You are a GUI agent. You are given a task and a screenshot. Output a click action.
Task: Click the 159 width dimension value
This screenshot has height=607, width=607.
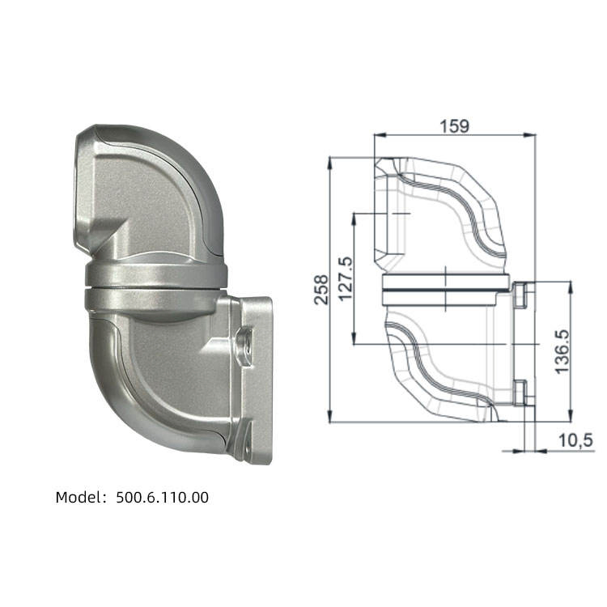[x=455, y=125]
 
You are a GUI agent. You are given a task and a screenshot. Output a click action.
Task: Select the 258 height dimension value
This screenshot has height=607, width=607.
[x=321, y=289]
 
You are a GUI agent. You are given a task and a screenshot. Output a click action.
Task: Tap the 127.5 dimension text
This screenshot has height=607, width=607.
[x=345, y=279]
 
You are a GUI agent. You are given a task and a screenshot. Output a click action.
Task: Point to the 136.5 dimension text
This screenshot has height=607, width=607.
[x=562, y=350]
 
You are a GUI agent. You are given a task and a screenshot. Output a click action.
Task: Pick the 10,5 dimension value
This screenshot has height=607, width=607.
[x=576, y=439]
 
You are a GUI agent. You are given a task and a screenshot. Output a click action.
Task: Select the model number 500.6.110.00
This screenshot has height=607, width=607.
[x=162, y=498]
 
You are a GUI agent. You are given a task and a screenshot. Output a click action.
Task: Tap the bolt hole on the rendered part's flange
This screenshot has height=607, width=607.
[x=244, y=341]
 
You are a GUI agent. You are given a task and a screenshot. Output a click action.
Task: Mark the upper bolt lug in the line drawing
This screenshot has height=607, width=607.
[x=520, y=295]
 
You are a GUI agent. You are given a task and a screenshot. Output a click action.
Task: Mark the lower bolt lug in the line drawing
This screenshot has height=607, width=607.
[x=520, y=393]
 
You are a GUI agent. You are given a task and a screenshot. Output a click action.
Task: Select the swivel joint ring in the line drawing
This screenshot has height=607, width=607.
[x=445, y=287]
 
